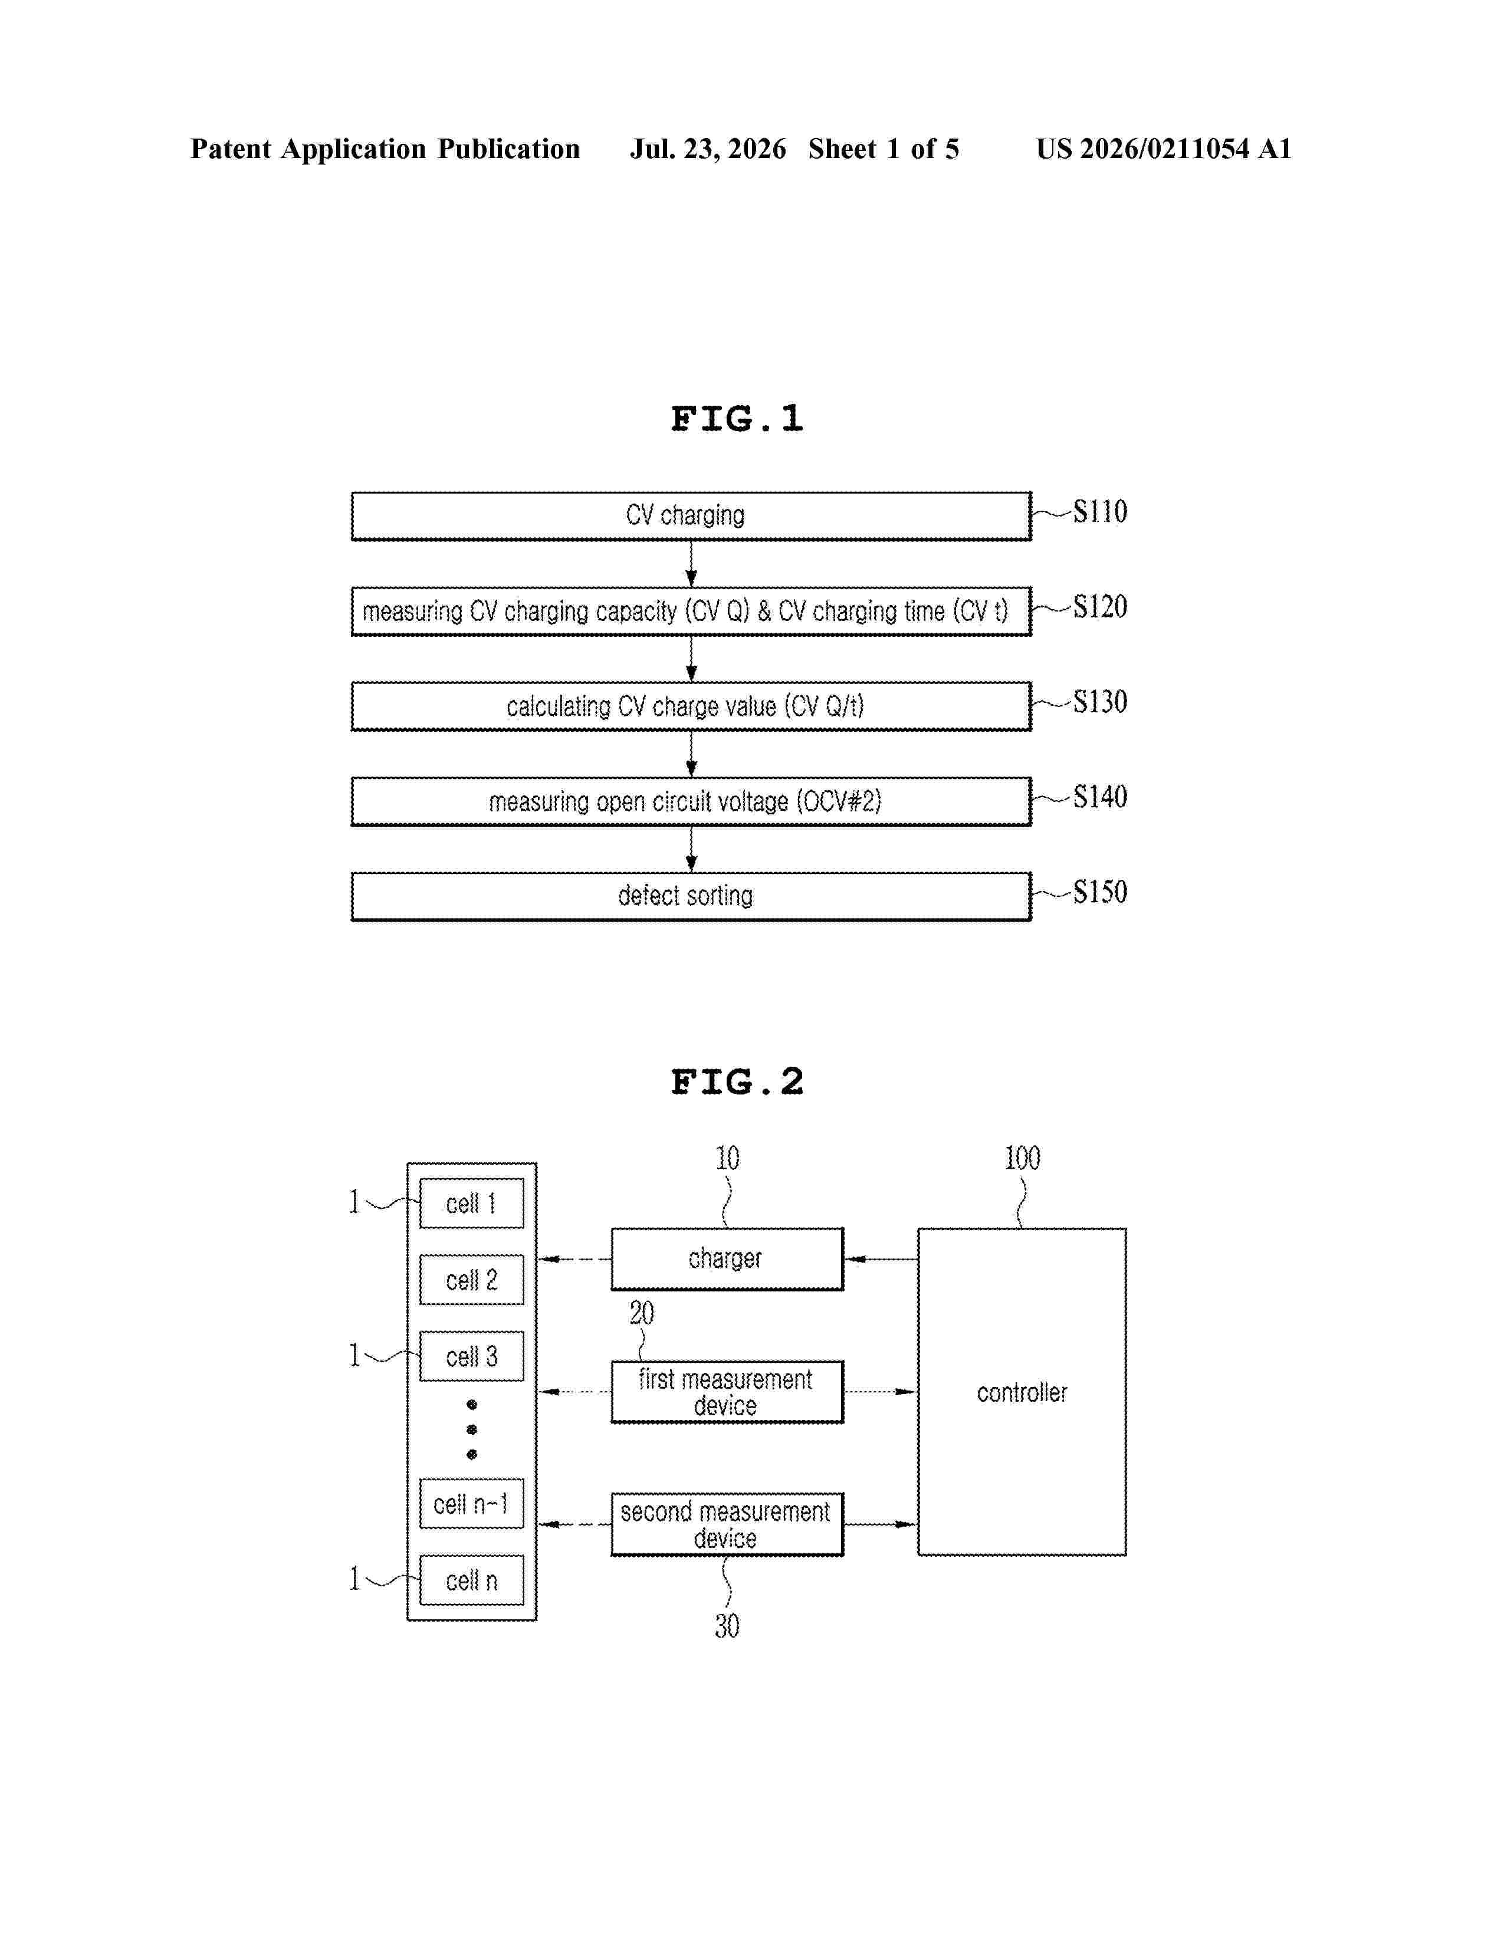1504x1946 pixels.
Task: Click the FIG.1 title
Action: pos(737,419)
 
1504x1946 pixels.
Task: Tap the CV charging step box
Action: pos(691,516)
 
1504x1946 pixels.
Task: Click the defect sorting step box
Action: pos(691,896)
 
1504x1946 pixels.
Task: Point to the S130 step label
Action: pos(1099,702)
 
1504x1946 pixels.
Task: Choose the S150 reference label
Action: pos(1099,892)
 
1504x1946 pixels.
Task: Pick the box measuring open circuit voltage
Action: pos(691,801)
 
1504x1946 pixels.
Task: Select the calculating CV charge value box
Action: pos(691,706)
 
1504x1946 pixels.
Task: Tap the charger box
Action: pos(727,1259)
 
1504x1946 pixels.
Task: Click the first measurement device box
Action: pos(727,1392)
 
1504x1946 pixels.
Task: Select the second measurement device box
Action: pos(727,1524)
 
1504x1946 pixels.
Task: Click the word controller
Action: pos(1022,1393)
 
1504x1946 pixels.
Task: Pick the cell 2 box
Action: pos(471,1280)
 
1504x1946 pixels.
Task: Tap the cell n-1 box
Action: pos(471,1504)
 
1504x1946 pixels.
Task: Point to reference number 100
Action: pos(1022,1158)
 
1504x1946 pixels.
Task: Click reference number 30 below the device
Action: pos(727,1626)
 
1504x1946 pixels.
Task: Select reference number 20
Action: pos(642,1313)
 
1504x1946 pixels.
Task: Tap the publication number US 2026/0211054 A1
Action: pos(1164,149)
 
